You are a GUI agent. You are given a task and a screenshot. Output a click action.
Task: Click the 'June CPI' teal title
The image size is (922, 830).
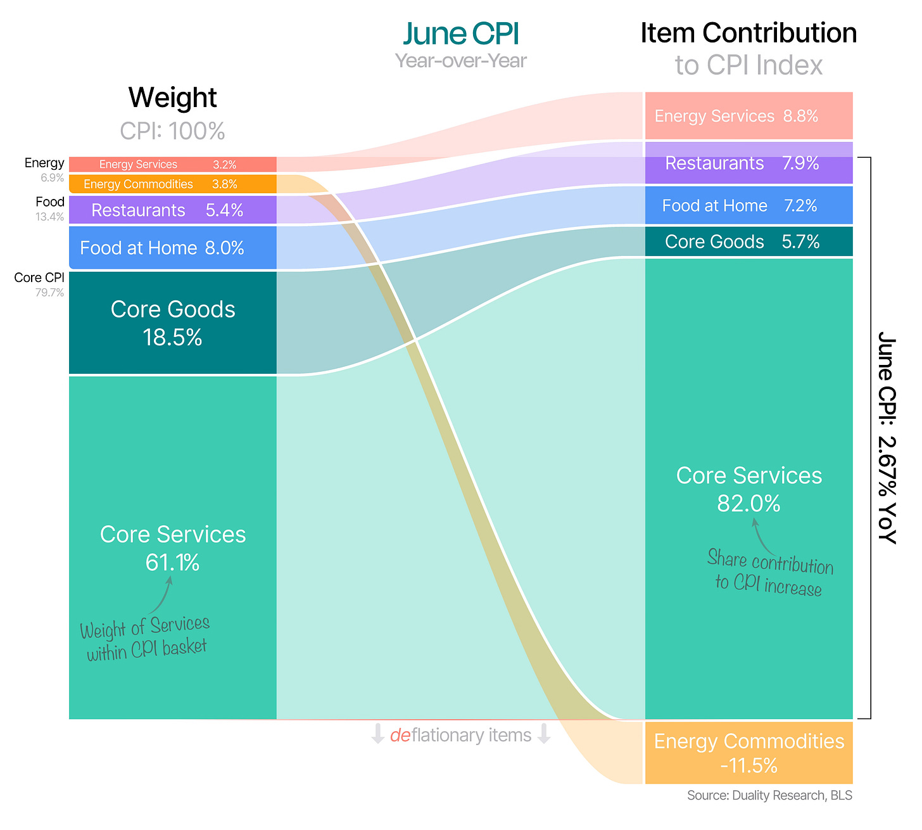[x=460, y=34]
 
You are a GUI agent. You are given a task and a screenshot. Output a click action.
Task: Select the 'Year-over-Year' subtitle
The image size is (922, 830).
[x=460, y=61]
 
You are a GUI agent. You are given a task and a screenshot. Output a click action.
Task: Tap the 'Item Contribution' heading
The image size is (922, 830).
[x=748, y=33]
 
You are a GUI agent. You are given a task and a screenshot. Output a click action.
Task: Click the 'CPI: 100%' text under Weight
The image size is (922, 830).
[x=172, y=131]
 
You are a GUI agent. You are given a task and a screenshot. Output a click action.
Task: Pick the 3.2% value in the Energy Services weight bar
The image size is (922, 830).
[x=224, y=165]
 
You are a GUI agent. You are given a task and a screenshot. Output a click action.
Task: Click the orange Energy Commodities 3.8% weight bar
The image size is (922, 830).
[x=173, y=184]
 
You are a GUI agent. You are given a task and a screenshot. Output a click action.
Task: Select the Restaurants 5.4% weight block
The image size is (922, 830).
[x=173, y=210]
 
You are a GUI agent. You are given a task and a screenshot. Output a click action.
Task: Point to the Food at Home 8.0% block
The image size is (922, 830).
[x=173, y=248]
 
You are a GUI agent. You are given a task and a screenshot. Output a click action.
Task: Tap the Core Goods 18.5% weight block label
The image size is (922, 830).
[x=173, y=323]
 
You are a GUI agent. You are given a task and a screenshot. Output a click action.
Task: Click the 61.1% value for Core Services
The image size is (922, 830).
[x=172, y=562]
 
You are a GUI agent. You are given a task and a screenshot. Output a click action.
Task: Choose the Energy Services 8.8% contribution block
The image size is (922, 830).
[x=748, y=115]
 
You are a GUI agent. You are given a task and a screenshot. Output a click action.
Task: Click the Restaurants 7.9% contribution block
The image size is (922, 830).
[x=748, y=163]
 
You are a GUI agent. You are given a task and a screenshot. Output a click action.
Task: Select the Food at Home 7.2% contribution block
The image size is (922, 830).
[x=748, y=205]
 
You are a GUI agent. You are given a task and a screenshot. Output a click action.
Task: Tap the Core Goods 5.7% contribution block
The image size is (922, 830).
[x=748, y=241]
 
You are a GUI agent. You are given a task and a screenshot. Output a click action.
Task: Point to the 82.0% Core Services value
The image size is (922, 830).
[x=748, y=503]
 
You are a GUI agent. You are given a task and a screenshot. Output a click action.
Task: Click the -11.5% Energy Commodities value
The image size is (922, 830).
[x=748, y=765]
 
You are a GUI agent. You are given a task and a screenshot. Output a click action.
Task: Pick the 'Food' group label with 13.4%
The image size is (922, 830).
[x=49, y=208]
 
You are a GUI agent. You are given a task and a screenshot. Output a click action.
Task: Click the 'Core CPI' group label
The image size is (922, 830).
[x=39, y=278]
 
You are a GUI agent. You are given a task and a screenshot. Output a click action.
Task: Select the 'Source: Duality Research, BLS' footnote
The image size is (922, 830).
[x=769, y=795]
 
